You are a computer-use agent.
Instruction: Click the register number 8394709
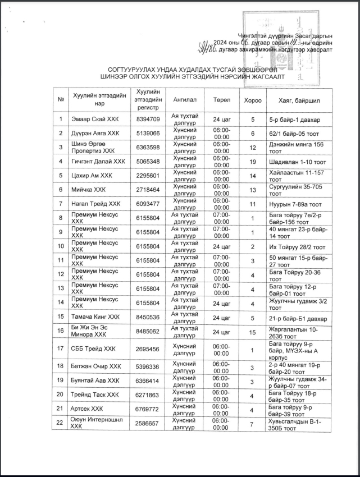(148, 120)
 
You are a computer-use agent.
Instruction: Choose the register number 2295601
(148, 176)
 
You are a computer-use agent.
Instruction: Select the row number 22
(60, 423)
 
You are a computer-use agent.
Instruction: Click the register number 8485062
(148, 331)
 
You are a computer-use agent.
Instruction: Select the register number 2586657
(148, 423)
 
